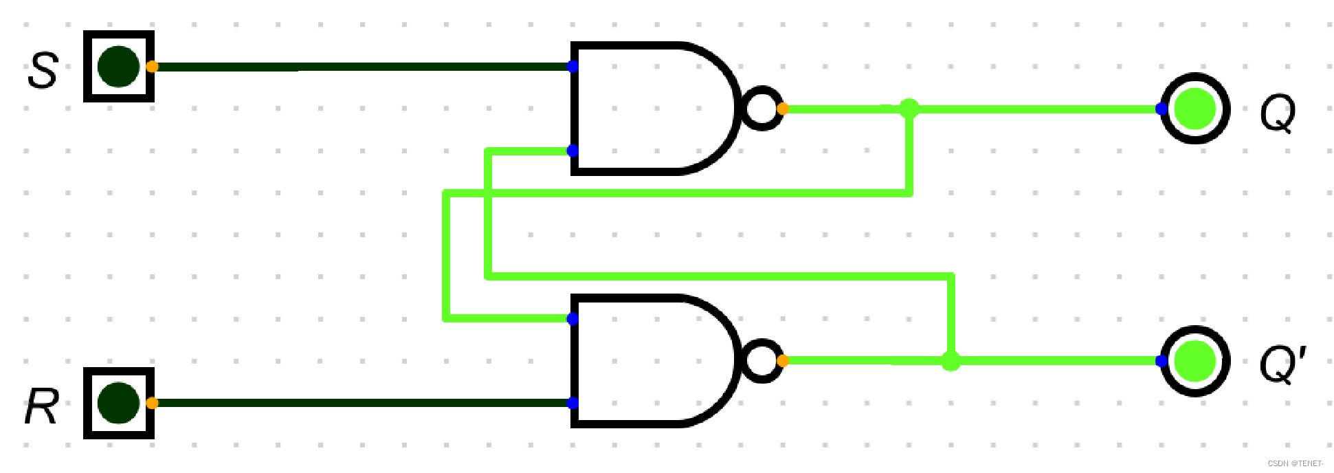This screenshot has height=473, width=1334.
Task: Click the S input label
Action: coord(43,70)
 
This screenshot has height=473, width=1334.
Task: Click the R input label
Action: coord(42,407)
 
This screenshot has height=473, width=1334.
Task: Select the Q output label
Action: coord(1278,113)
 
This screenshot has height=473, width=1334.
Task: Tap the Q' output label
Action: coord(1282,364)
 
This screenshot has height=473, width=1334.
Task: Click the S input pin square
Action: coord(119,67)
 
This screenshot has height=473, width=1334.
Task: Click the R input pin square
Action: coord(119,403)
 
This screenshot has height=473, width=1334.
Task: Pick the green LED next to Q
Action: coord(1195,109)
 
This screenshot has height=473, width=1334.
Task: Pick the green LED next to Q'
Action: coord(1195,361)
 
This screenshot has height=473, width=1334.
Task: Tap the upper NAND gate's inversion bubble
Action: coord(762,109)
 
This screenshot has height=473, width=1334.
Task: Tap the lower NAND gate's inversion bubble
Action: coord(762,361)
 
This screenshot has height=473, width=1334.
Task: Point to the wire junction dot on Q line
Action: coord(909,108)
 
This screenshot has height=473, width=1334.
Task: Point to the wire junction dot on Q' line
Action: coord(951,361)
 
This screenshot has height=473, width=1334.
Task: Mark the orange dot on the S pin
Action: coord(152,67)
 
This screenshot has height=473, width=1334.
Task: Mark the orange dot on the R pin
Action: coord(152,403)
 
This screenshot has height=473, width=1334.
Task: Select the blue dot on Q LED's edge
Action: coord(1161,109)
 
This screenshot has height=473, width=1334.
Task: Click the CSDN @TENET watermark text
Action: coord(1295,463)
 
